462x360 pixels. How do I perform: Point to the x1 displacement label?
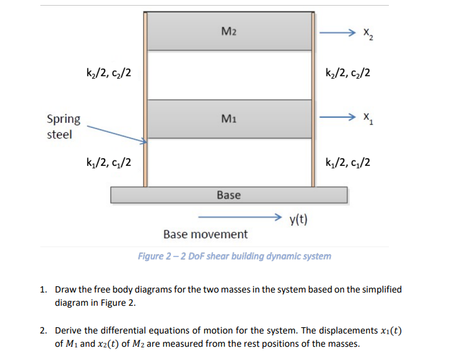[368, 119]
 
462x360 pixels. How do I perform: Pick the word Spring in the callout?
[64, 119]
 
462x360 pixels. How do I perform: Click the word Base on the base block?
[229, 195]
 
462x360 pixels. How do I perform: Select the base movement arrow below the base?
[240, 218]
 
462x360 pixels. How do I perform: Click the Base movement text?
[205, 235]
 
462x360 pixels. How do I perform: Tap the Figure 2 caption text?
[234, 256]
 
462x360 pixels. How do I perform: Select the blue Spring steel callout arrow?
[117, 134]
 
